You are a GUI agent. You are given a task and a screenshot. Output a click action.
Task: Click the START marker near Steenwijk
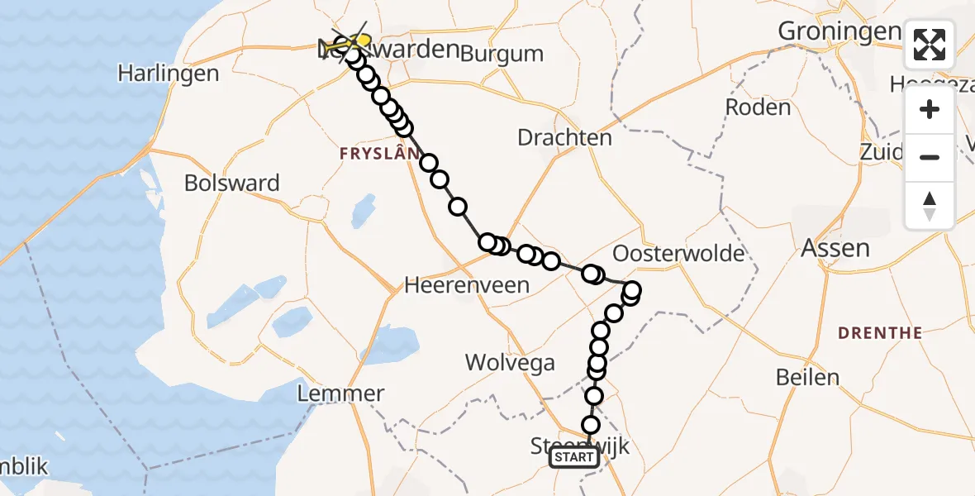pos(573,457)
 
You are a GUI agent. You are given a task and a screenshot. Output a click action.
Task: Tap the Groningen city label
pos(839,31)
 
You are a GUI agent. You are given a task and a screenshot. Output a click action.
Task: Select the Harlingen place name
pos(168,73)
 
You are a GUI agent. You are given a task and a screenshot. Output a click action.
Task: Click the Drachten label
pos(564,137)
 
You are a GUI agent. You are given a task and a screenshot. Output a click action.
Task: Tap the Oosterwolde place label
pos(679,253)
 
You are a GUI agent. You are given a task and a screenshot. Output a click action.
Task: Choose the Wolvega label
pos(510,362)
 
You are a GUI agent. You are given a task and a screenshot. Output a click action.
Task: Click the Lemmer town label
pos(341,393)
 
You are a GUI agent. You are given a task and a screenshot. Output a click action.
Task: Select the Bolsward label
pos(232,183)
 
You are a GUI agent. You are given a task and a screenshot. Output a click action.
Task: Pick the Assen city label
pos(835,248)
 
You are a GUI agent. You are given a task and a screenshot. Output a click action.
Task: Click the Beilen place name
pos(807,378)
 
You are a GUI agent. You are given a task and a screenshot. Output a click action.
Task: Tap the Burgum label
pos(502,55)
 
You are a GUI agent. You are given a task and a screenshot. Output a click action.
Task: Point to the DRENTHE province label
pos(879,333)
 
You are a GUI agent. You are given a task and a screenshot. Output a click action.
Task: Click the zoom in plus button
pos(930,110)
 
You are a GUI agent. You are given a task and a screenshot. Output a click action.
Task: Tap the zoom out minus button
pos(930,157)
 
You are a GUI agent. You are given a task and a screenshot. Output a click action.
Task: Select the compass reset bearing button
pos(930,205)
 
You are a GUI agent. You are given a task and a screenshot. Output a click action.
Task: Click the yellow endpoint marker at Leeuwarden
pos(362,40)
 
